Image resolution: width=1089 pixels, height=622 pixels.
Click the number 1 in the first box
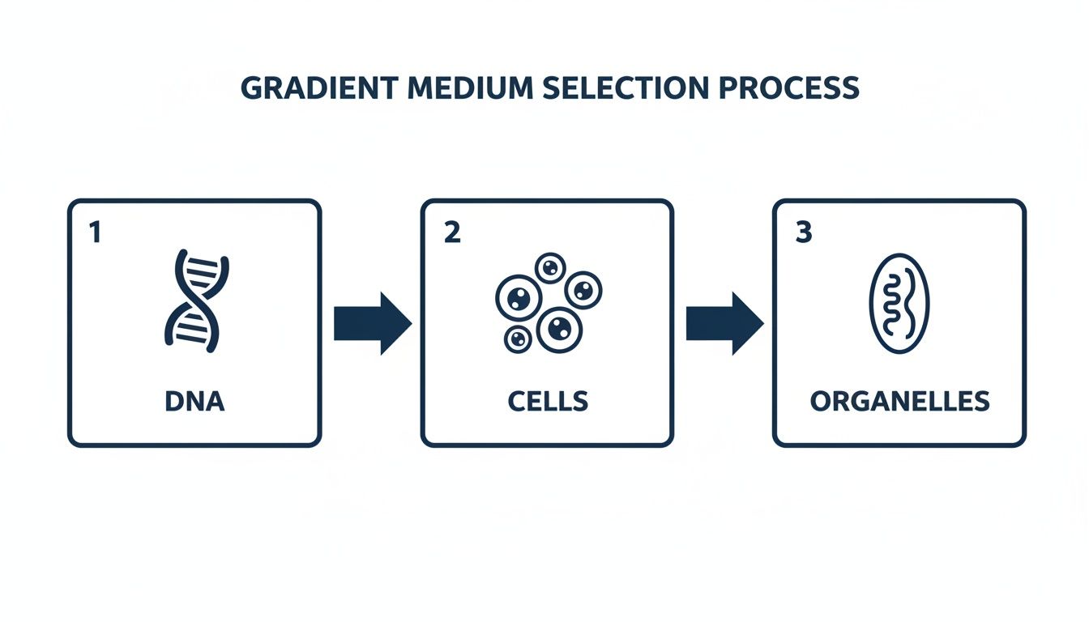pos(95,233)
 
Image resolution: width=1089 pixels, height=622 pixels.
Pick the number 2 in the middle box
pos(451,233)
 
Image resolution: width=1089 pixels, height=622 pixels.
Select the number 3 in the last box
pos(803,233)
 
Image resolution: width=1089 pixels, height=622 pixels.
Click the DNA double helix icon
pos(196,300)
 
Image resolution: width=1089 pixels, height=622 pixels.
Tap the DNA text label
pos(195,401)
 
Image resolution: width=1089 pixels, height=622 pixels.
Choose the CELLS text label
pos(548,401)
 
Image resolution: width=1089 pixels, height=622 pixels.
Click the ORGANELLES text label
pos(899,401)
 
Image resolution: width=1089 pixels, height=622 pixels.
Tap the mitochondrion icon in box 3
pos(899,304)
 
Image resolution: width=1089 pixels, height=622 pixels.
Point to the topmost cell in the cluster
pos(551,266)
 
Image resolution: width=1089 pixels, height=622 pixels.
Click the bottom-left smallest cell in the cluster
pos(518,339)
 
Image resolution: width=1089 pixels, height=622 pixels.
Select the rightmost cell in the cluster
pos(583,290)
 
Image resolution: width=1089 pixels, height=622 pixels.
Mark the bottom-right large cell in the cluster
pos(558,328)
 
